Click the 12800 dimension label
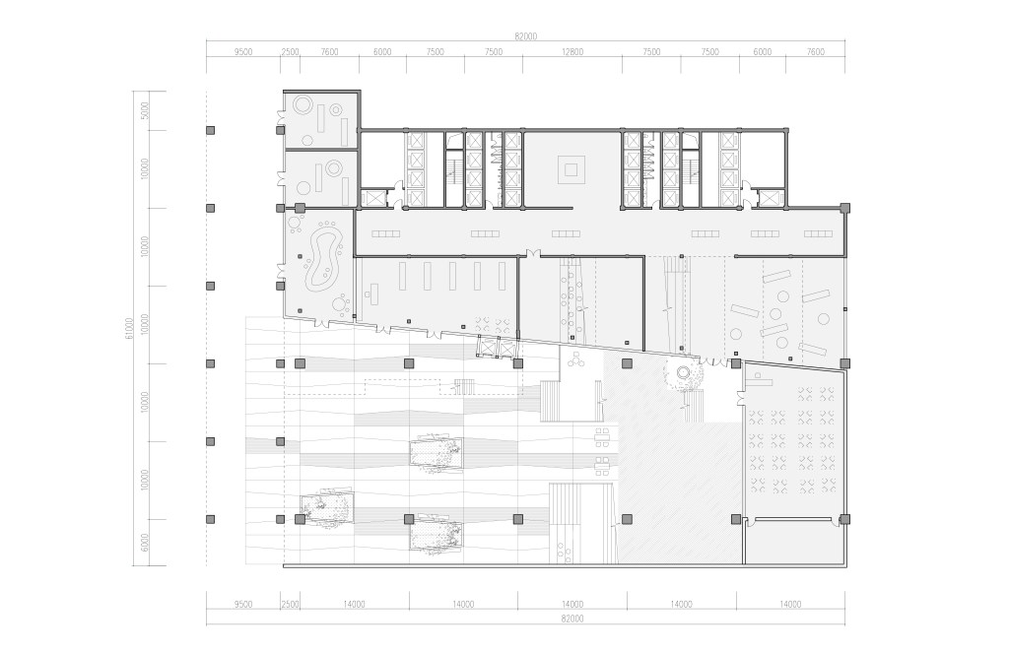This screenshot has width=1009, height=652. coord(572,52)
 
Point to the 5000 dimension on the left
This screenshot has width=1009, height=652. coord(145,110)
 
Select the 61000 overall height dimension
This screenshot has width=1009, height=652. coord(129,328)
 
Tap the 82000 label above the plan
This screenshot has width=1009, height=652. coord(526,36)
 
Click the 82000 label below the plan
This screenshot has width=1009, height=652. coord(572,619)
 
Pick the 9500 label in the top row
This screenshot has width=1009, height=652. coord(243,52)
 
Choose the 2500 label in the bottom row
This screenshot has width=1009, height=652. coord(291,604)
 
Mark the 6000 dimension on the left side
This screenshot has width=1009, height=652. coord(145,543)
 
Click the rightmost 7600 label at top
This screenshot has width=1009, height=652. coord(815,52)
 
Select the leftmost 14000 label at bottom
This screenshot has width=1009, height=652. coord(354,604)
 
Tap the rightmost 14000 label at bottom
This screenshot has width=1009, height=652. coord(790,604)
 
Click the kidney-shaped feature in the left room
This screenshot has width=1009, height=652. coord(324,260)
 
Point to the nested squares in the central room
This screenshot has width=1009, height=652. coord(571,169)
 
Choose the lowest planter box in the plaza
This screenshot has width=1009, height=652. coord(436,533)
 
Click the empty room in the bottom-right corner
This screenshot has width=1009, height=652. coord(793,542)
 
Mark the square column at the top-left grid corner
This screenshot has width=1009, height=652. coord(210,131)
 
